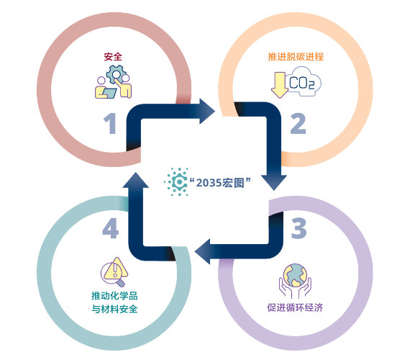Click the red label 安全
point(113,57)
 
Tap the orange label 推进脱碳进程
point(296,57)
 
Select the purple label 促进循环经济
point(295,307)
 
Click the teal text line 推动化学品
point(114,296)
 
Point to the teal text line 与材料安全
point(114,309)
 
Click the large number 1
point(110,123)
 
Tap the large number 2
point(298,123)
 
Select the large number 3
point(299,228)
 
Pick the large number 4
point(110,228)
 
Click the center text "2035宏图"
point(220,182)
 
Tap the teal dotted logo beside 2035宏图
point(176,181)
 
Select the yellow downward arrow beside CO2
point(280,85)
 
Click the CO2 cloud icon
point(303,81)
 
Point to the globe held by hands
point(295,275)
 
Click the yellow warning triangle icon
point(117,268)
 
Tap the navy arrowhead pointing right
point(207,112)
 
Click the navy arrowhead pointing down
point(274,182)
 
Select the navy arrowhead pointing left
point(202,251)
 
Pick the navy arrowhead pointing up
point(136,180)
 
